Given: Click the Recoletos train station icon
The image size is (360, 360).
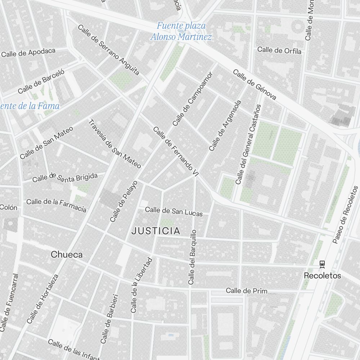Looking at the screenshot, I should coord(322,264).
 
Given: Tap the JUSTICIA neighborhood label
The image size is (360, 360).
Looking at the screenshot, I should coord(156,231).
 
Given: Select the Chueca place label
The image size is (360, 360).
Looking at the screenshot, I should coord(67,255).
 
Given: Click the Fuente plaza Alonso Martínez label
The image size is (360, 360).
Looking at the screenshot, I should coord(181,31).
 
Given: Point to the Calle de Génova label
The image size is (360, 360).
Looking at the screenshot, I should coord(255,85).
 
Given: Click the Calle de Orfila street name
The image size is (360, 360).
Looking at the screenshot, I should coord(279,50).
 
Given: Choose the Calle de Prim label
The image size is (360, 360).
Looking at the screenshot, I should coord(247,291).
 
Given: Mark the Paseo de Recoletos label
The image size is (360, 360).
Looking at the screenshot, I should coord(345,215).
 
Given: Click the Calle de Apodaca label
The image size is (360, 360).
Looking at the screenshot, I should coord(28,53).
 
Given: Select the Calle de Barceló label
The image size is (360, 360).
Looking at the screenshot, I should coord(41,81).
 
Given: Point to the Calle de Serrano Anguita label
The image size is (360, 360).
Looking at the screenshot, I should coord(108,50).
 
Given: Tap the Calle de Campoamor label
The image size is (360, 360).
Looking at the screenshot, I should coord(193,99).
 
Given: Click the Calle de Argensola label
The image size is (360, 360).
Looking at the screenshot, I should coord(225,125).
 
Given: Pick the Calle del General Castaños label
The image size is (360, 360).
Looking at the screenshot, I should coord(248,144).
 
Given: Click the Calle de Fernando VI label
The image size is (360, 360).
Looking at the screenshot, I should coord(176,151).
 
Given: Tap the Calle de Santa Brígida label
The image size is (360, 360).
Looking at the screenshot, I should coord(65,177).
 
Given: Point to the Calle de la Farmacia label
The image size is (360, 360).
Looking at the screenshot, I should coord(56,204).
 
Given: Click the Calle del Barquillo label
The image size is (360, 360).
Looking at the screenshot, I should coord(192,257).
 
